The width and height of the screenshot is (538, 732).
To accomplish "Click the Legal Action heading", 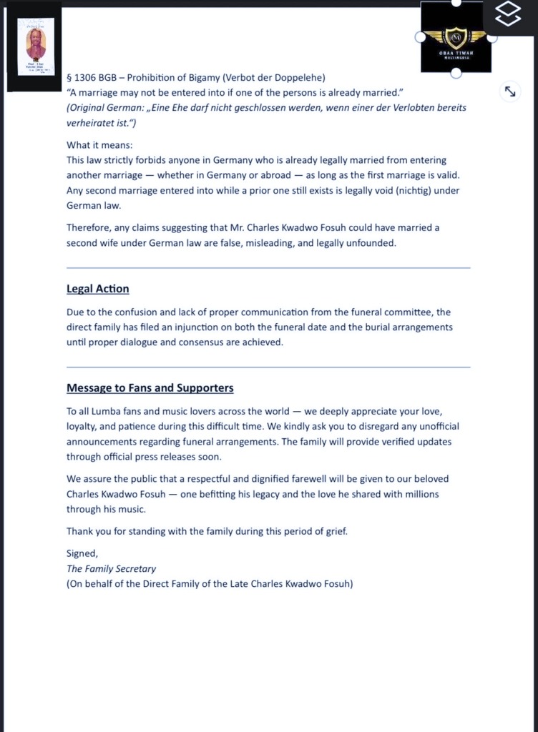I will [98, 289].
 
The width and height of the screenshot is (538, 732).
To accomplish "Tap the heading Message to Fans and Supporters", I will [150, 387].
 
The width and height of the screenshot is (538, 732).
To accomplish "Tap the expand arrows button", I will [510, 91].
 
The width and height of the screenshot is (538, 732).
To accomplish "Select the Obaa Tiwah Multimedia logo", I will [456, 37].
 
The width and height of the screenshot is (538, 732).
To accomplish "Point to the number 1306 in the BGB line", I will [89, 77].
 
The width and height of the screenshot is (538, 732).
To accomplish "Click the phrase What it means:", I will [94, 145].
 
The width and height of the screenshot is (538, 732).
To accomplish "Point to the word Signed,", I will [82, 553].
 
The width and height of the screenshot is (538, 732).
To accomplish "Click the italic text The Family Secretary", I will [111, 568].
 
